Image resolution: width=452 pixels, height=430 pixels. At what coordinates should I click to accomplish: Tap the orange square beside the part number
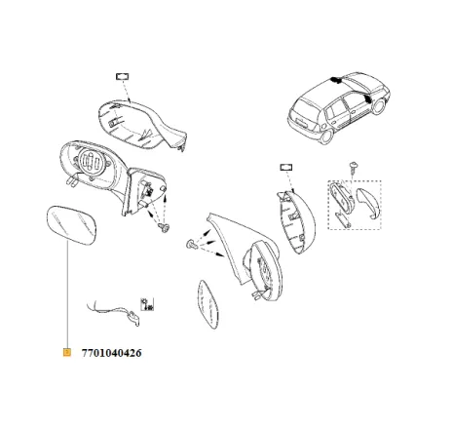65,352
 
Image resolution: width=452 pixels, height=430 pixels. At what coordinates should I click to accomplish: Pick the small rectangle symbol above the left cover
124,75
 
